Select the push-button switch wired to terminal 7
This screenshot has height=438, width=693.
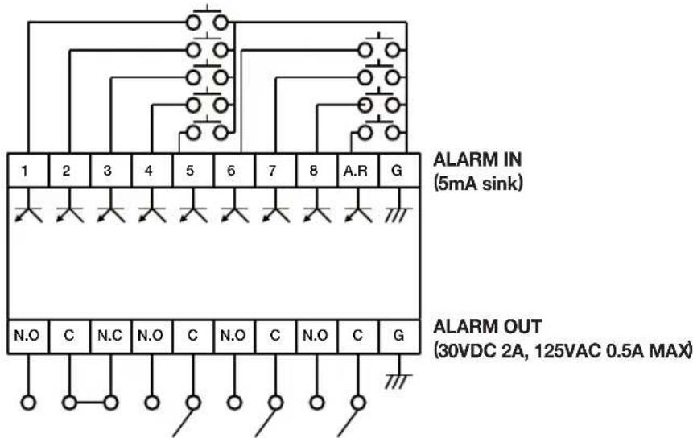[379, 77]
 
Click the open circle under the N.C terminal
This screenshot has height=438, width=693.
[111, 401]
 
